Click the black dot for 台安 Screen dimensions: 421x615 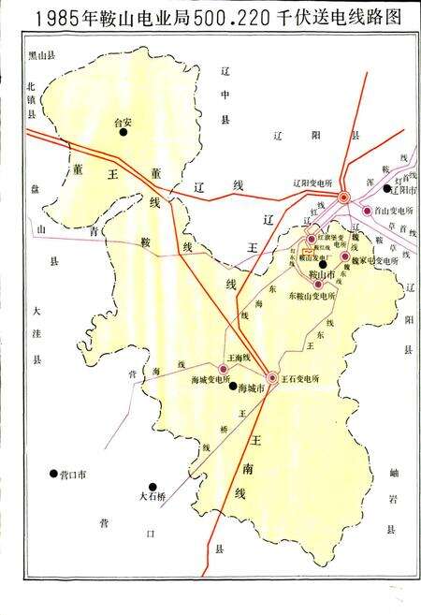(x=122, y=133)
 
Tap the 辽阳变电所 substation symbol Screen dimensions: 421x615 (x=345, y=197)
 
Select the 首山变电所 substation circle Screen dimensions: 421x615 (x=368, y=211)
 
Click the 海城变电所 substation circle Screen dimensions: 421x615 (x=225, y=371)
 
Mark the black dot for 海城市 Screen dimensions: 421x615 (x=232, y=387)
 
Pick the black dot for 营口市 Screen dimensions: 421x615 (x=52, y=474)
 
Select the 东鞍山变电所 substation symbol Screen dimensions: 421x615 (x=318, y=284)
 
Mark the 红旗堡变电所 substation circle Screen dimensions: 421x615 (x=311, y=240)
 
